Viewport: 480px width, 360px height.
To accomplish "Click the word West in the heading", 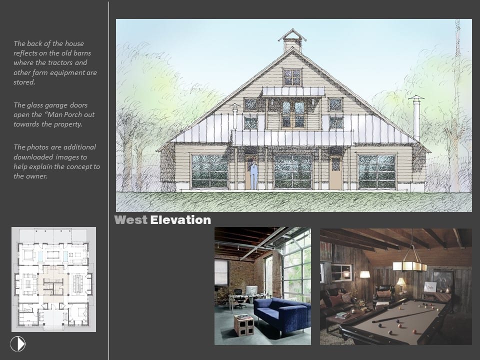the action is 130,220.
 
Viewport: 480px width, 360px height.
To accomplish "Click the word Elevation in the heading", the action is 180,220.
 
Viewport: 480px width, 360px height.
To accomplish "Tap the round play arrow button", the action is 18,344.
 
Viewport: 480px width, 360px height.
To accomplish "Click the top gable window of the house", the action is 292,77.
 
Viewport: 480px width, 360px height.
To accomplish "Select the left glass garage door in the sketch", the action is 210,171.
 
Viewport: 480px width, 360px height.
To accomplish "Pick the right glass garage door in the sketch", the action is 377,171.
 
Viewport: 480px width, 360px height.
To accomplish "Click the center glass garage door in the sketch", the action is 293,171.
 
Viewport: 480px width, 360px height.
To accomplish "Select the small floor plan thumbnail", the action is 53,279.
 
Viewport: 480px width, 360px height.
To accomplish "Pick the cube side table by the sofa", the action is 244,325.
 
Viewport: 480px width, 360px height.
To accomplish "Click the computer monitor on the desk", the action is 252,290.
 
